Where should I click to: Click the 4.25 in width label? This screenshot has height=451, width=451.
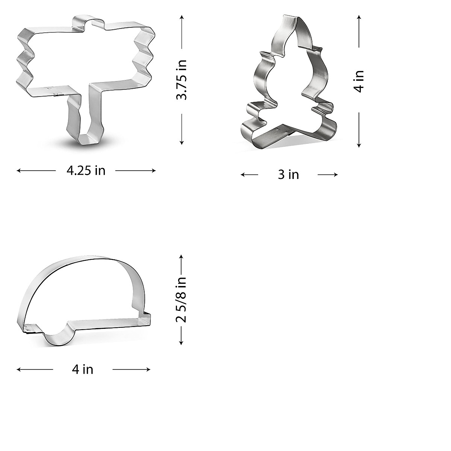pyautogui.click(x=86, y=171)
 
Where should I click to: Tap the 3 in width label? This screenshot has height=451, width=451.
pyautogui.click(x=288, y=175)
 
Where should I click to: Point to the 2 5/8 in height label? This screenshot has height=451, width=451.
pyautogui.click(x=182, y=300)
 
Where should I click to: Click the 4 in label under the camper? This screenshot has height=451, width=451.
pyautogui.click(x=83, y=369)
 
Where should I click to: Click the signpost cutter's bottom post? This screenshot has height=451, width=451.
pyautogui.click(x=85, y=120)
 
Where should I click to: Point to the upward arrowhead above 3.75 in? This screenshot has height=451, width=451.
pyautogui.click(x=182, y=17)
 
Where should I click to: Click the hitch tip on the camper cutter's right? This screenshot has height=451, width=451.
pyautogui.click(x=148, y=318)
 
